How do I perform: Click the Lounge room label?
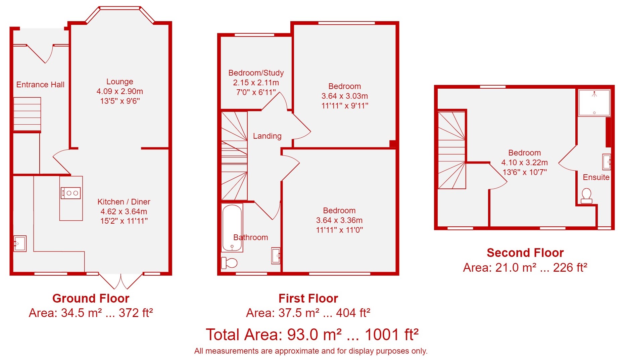click(120, 82)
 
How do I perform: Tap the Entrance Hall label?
click(40, 85)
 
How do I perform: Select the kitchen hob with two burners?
click(70, 193)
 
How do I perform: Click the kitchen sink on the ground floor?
click(20, 243)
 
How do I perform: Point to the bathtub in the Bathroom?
click(232, 228)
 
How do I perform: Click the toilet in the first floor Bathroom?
click(229, 263)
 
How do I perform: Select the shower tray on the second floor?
click(594, 103)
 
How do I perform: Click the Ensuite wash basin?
click(607, 162)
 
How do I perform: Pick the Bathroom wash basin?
click(276, 256)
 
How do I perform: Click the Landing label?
click(267, 136)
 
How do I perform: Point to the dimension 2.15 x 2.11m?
click(256, 83)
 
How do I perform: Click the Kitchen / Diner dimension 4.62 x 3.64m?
click(124, 212)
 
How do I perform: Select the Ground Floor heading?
click(91, 298)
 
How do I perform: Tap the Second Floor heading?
click(525, 253)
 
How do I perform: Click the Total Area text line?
click(312, 335)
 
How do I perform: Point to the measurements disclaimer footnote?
click(311, 351)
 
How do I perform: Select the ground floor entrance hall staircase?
click(27, 114)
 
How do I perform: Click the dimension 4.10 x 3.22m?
click(525, 163)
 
